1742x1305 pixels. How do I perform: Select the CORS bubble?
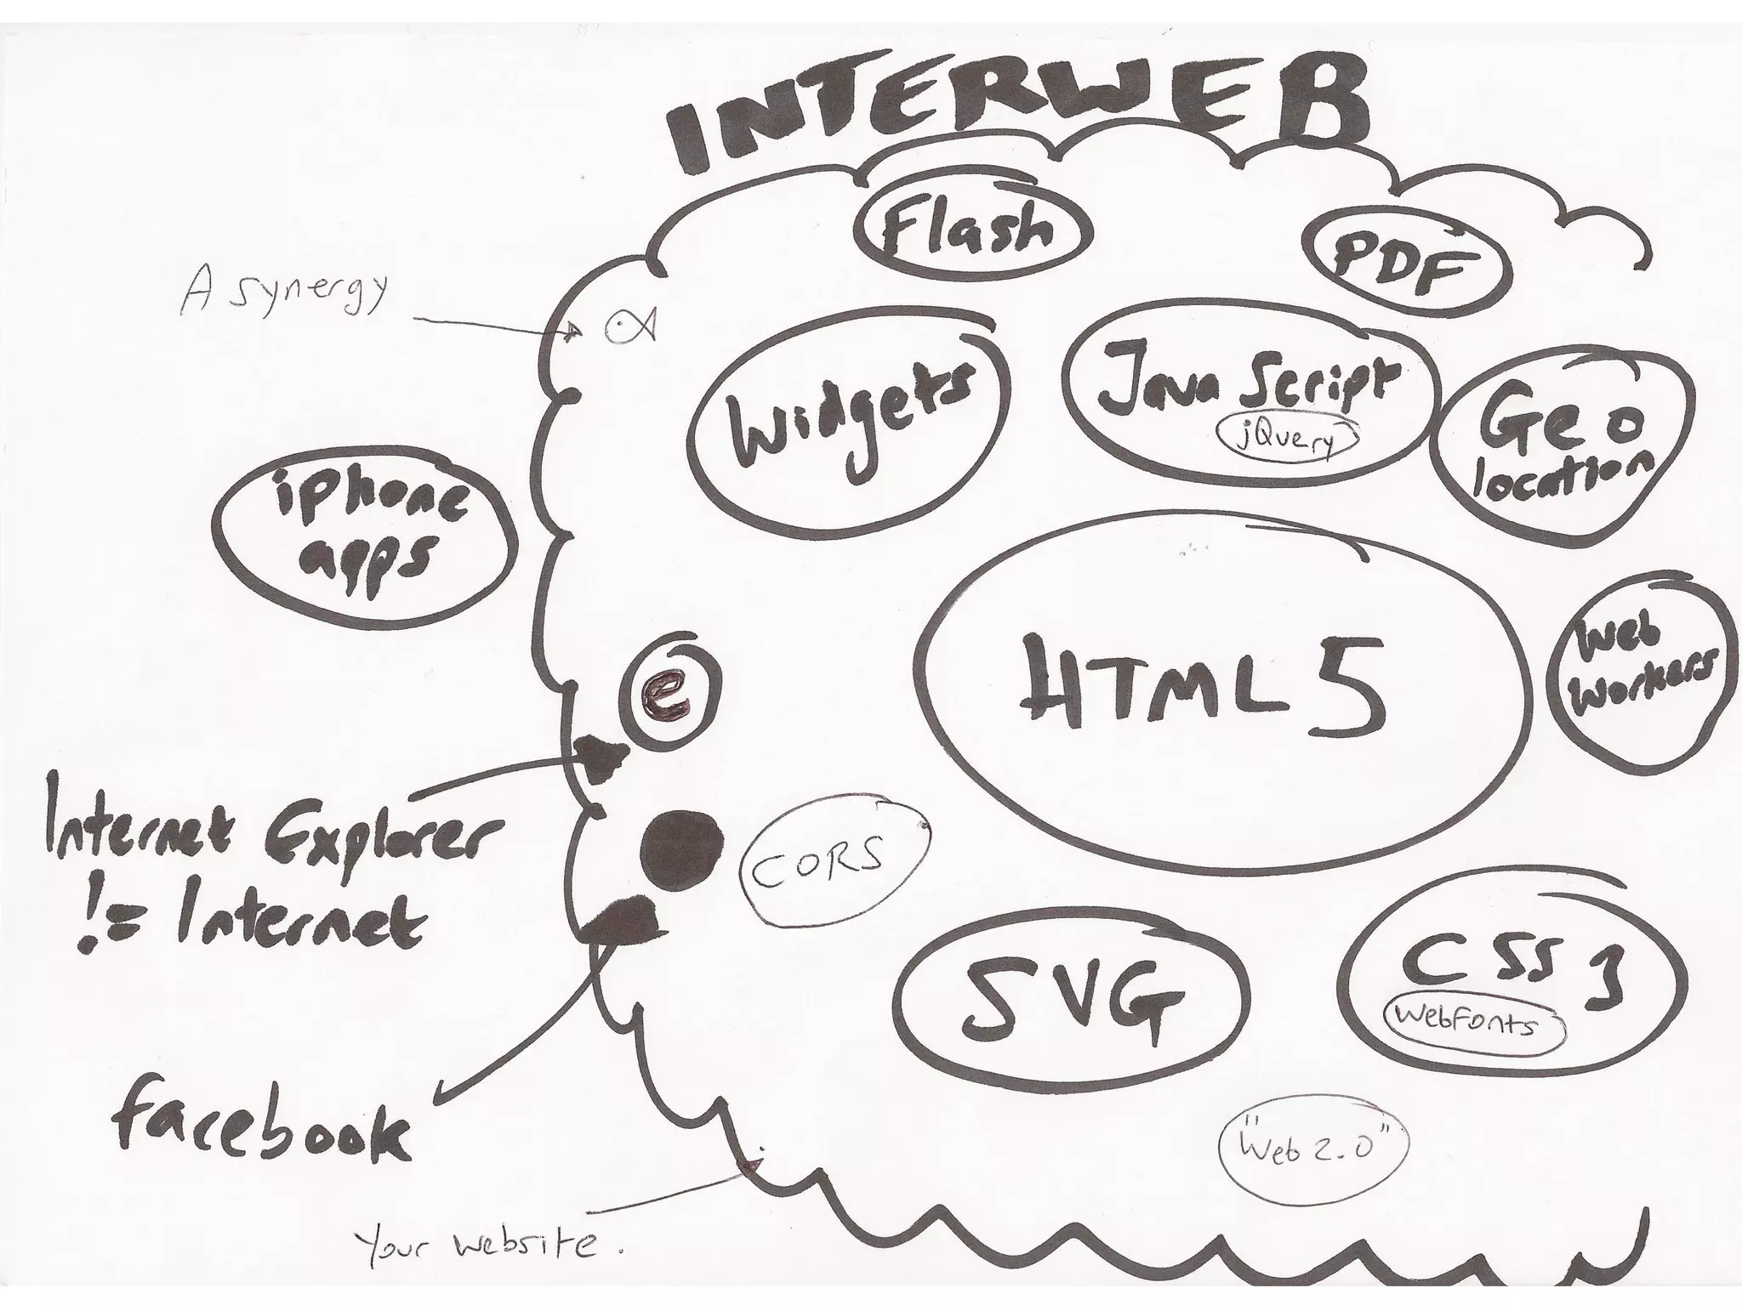(x=832, y=871)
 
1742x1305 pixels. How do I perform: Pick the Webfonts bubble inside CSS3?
(x=1475, y=1021)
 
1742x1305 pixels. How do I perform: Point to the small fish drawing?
(x=630, y=325)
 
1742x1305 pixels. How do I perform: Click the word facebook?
(x=259, y=1123)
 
